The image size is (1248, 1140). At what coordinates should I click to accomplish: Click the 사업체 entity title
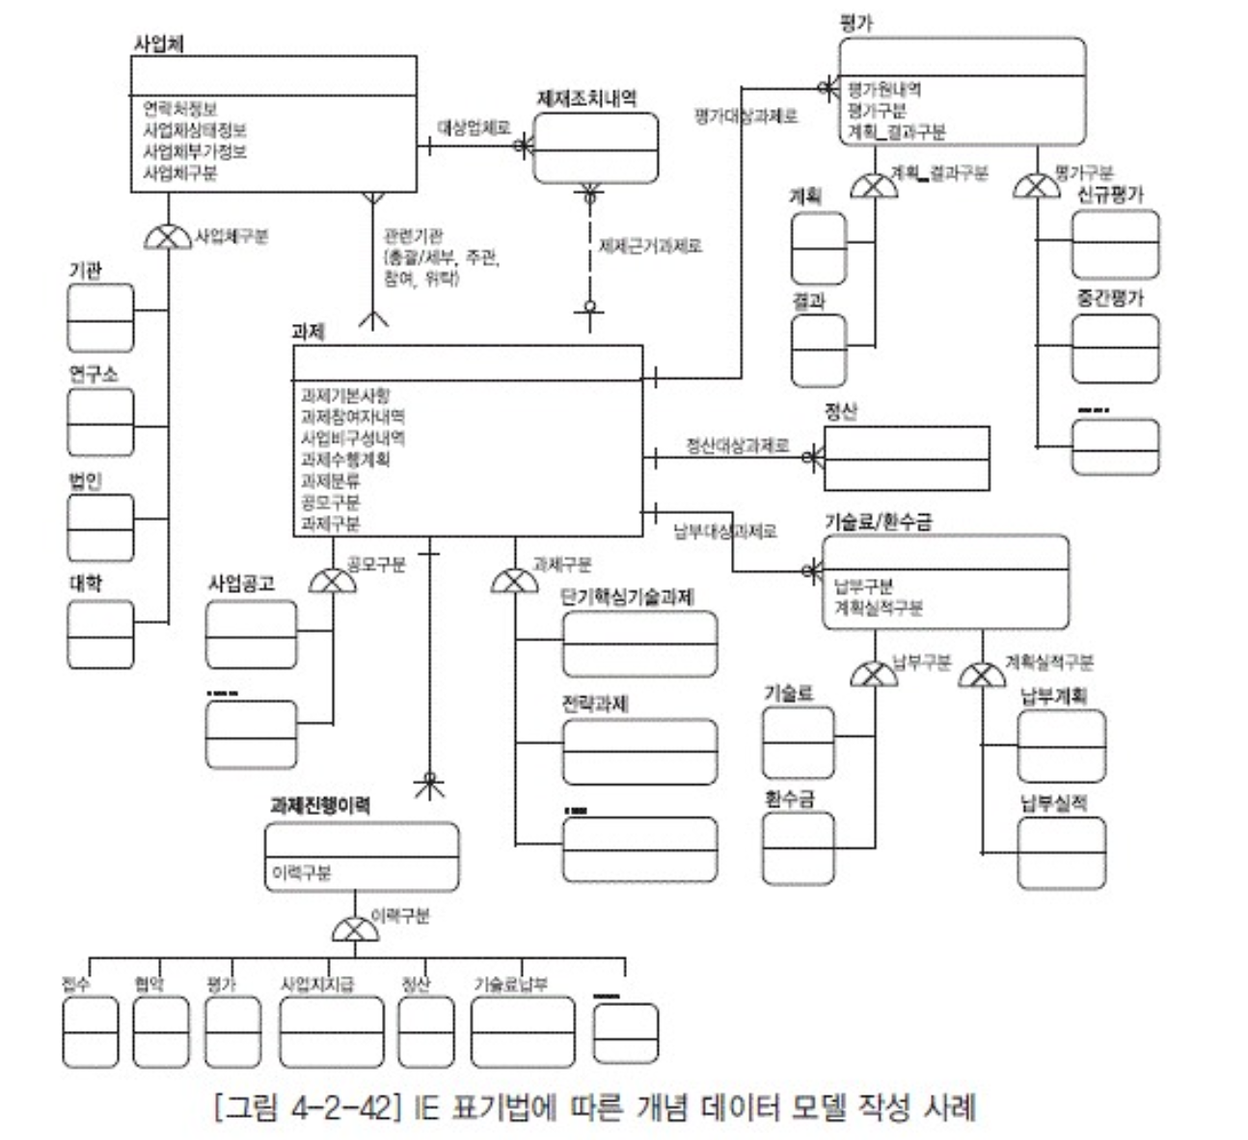[x=158, y=44]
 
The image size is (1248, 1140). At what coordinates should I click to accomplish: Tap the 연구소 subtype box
[x=100, y=421]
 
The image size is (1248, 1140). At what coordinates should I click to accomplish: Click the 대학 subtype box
[x=100, y=633]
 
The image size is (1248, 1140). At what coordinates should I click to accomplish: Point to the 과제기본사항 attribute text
[x=345, y=395]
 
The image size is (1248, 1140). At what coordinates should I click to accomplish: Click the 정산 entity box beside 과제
[x=906, y=457]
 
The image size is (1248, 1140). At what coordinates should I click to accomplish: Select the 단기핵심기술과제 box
[x=639, y=643]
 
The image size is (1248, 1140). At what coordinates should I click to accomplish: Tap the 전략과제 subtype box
[x=639, y=751]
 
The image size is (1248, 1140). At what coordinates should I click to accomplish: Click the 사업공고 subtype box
[x=252, y=633]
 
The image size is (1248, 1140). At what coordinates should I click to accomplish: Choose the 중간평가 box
[x=1115, y=347]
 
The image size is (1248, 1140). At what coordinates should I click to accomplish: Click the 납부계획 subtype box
[x=1061, y=746]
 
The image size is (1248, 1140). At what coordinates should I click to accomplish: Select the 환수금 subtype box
[x=798, y=848]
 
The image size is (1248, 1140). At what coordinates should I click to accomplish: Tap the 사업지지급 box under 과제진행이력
[x=331, y=1032]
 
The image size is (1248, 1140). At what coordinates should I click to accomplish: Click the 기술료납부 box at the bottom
[x=522, y=1032]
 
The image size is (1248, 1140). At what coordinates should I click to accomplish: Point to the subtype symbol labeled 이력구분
[x=355, y=930]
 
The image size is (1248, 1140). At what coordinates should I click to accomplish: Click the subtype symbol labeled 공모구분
[x=332, y=581]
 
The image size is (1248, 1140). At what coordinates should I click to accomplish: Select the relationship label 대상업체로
[x=474, y=126]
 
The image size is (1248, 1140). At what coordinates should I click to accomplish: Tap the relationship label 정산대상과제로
[x=737, y=446]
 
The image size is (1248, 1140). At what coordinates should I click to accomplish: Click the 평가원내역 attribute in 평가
[x=883, y=90]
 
